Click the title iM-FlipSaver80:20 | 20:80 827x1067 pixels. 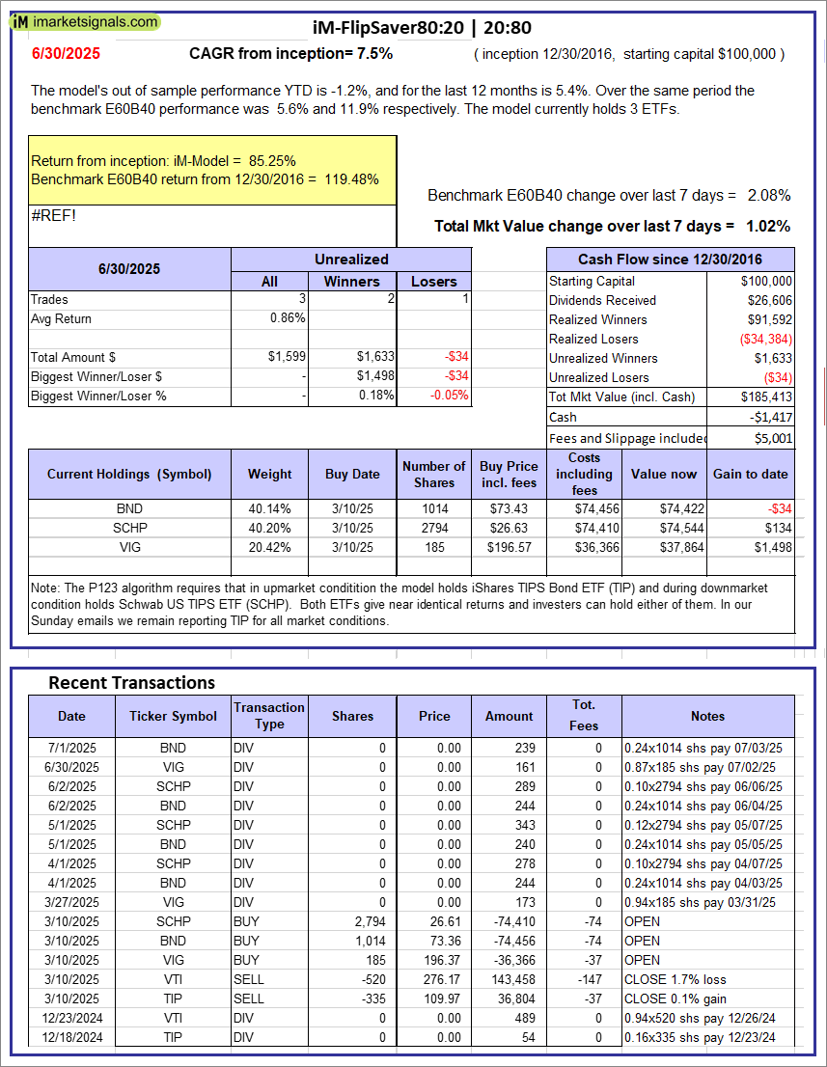(x=423, y=28)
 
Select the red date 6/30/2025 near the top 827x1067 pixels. (x=65, y=54)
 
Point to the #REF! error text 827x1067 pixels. (x=53, y=215)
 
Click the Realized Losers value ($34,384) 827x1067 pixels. (x=761, y=339)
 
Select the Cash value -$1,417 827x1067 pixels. (x=772, y=417)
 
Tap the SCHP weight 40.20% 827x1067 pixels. (x=269, y=528)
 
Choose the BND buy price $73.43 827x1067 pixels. (x=510, y=508)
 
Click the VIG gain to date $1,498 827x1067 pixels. (x=773, y=547)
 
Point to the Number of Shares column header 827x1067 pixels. (x=434, y=474)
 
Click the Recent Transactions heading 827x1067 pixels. (x=132, y=683)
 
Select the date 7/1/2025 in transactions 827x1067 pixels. (x=77, y=748)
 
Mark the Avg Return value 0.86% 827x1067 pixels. (x=289, y=318)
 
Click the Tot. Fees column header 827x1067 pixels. (x=583, y=715)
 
